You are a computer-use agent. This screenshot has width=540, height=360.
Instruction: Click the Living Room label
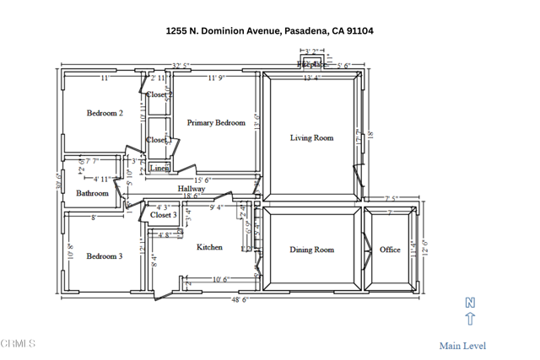311,138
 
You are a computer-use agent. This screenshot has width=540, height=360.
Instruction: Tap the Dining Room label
311,250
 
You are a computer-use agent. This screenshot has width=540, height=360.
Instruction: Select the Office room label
390,250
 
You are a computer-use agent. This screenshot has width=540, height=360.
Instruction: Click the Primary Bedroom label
216,122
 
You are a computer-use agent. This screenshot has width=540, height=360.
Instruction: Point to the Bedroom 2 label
105,113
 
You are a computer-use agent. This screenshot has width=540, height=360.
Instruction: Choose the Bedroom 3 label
105,255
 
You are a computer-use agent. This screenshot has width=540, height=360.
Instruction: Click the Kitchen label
210,247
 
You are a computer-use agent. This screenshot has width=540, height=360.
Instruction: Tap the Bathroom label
92,193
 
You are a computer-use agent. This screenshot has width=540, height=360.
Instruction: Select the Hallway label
191,189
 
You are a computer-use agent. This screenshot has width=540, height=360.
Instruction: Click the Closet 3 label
164,215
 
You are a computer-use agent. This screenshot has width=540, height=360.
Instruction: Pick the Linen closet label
159,169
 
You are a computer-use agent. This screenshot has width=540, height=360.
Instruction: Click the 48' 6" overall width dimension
241,299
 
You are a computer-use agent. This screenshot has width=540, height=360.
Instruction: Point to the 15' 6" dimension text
202,180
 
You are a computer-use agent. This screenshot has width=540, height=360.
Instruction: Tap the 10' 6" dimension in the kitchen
221,279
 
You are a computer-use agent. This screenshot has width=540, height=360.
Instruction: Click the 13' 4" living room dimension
312,78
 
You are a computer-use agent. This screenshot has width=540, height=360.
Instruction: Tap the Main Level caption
462,345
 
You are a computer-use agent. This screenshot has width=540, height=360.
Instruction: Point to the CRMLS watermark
19,344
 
